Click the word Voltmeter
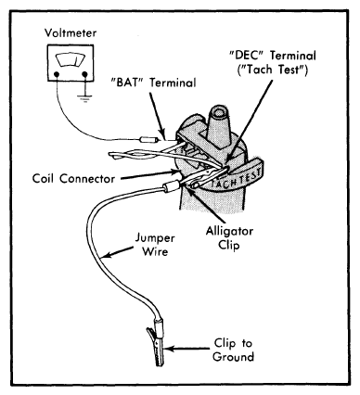tap(71, 32)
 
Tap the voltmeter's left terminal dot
tap(57, 74)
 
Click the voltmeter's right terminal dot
tap(84, 74)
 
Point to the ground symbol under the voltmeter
tap(84, 99)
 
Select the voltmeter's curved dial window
tap(71, 60)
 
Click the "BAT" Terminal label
tap(153, 83)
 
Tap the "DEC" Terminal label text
tap(273, 56)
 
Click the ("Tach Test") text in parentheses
tap(273, 70)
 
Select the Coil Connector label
tap(73, 179)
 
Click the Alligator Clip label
tap(229, 238)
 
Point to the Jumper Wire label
tap(155, 245)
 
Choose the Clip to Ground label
tap(233, 350)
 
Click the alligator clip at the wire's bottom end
tap(157, 344)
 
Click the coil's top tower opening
tap(219, 114)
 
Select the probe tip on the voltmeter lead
tap(149, 140)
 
